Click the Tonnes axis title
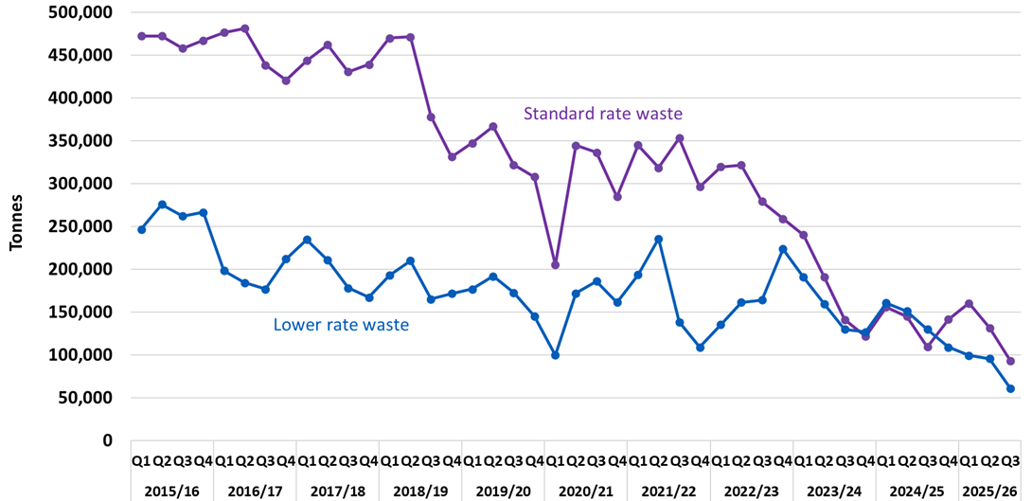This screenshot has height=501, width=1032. click(16, 225)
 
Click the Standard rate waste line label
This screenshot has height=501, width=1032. click(603, 114)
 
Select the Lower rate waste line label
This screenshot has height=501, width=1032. click(341, 325)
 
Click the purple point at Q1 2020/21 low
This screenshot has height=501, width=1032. click(556, 264)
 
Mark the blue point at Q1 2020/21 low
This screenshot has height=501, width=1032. click(556, 355)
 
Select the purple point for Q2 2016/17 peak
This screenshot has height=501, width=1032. click(245, 28)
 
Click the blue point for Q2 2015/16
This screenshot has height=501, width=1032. click(162, 205)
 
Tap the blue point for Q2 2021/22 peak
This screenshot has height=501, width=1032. click(659, 239)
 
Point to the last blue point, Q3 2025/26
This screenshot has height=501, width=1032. click(1010, 388)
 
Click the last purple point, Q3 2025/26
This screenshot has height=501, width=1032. click(1010, 361)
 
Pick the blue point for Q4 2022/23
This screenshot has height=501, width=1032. click(783, 249)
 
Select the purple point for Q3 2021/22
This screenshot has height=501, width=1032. click(680, 138)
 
